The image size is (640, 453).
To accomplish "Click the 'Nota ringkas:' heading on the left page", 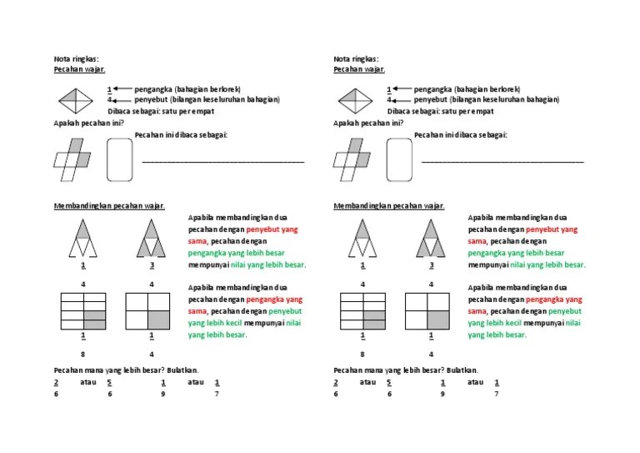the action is [x=76, y=59].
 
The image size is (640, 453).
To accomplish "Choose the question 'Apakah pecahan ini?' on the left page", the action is [x=88, y=123].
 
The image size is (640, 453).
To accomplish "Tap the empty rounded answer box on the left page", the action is [x=120, y=159].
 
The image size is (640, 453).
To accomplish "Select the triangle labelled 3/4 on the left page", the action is [x=152, y=237].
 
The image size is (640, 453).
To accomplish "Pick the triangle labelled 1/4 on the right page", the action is [x=362, y=237].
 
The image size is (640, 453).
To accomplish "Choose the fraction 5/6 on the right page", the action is [x=388, y=388].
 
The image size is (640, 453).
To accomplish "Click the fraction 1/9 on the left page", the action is [x=163, y=388].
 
